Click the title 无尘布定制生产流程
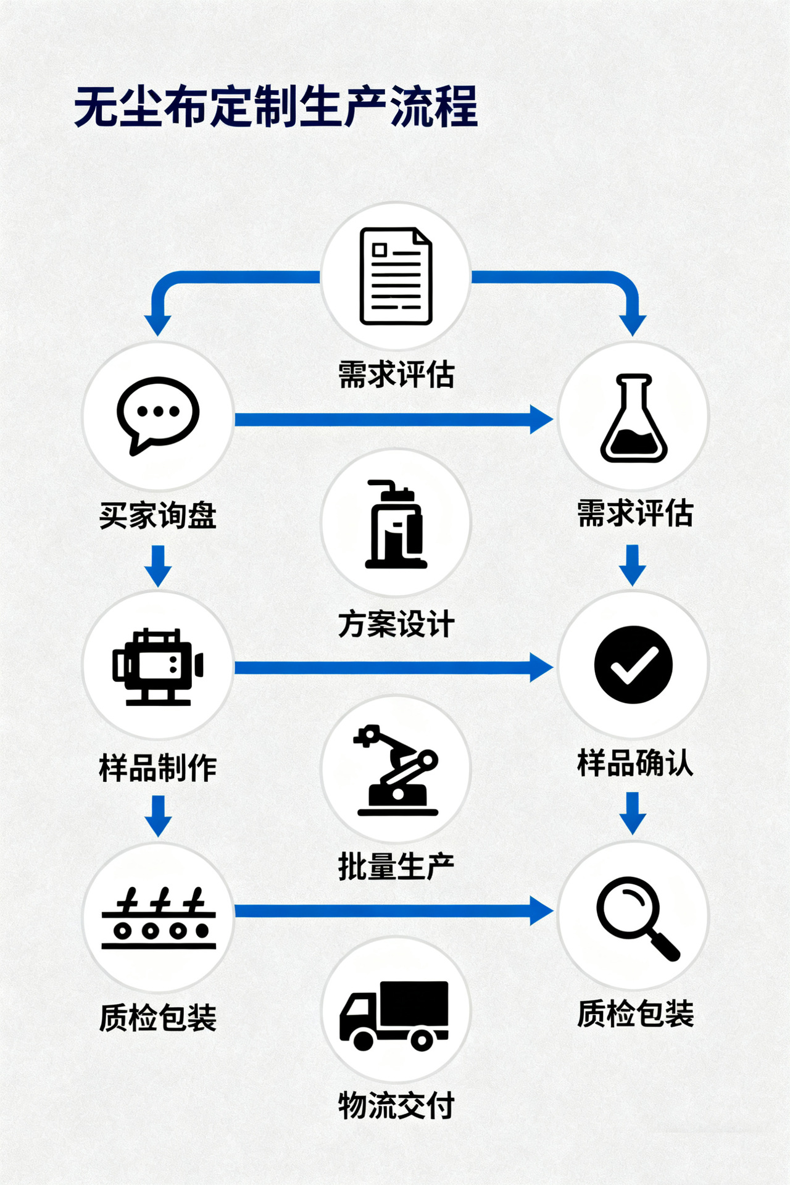[276, 107]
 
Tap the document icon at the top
[396, 276]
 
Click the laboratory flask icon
[634, 418]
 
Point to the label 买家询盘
[158, 515]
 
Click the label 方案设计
[396, 624]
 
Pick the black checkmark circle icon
[633, 665]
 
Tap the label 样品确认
[635, 763]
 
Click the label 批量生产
[396, 867]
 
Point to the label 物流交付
[396, 1105]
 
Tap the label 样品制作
[158, 768]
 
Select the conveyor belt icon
[159, 918]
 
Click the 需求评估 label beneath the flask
[635, 513]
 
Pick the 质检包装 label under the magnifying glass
[635, 1014]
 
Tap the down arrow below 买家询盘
[159, 565]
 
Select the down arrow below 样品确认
[633, 813]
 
